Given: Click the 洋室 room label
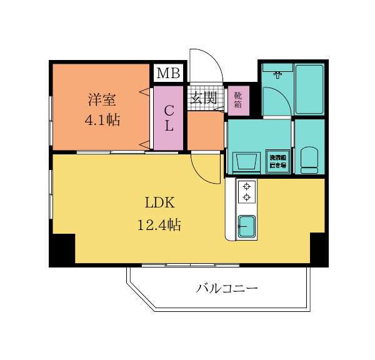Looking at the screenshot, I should [101, 99].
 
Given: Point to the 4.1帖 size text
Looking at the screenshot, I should [101, 119].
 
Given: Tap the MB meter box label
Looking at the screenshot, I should [168, 74].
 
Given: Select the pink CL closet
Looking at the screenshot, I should [168, 117].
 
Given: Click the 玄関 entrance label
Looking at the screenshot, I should [203, 97].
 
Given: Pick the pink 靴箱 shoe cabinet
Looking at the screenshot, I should [238, 100].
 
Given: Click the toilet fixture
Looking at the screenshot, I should [309, 160].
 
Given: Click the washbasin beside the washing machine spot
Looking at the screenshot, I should [246, 162].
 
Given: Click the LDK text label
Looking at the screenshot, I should [159, 203].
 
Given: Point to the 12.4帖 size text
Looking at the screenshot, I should [159, 225].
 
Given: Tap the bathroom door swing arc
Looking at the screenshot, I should [275, 101].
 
